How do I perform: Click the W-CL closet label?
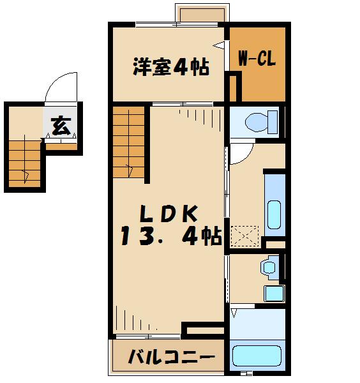[x=257, y=60]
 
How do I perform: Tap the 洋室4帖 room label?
[x=171, y=67]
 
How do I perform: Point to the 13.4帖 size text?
[x=171, y=237]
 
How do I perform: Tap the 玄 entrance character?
[x=60, y=126]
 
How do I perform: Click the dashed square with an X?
[x=246, y=237]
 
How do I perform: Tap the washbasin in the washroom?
[x=269, y=266]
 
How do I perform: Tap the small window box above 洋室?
[x=200, y=13]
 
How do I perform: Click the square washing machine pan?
[x=273, y=294]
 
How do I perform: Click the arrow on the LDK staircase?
[x=130, y=169]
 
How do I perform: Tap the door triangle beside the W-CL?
[x=220, y=44]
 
